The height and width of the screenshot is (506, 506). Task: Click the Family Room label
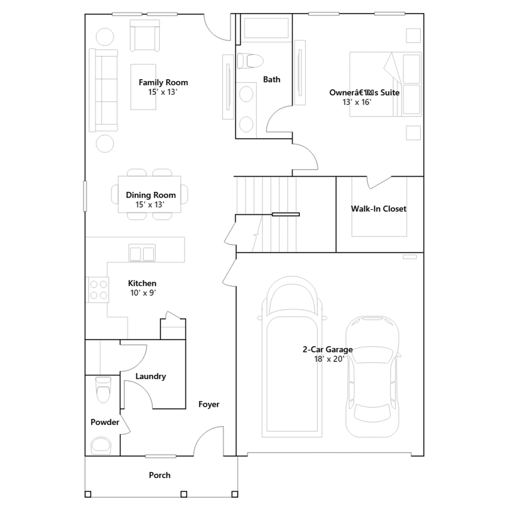pyautogui.click(x=163, y=83)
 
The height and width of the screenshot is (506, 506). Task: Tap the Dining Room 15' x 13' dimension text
pyautogui.click(x=150, y=205)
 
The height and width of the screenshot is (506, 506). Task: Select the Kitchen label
pyautogui.click(x=142, y=283)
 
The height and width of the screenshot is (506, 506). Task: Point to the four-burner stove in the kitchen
pyautogui.click(x=98, y=290)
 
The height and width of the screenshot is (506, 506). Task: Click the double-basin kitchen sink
pyautogui.click(x=142, y=253)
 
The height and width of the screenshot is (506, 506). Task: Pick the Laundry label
pyautogui.click(x=151, y=376)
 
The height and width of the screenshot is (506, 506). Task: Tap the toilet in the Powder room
pyautogui.click(x=103, y=390)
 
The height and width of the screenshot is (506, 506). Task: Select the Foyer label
pyautogui.click(x=209, y=404)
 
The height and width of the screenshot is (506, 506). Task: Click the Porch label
pyautogui.click(x=160, y=475)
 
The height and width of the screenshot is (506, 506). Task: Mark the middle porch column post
pyautogui.click(x=184, y=494)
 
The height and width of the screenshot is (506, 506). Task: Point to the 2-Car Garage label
pyautogui.click(x=328, y=349)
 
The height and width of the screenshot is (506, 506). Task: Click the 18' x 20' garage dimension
pyautogui.click(x=329, y=359)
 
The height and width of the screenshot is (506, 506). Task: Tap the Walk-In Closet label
pyautogui.click(x=379, y=209)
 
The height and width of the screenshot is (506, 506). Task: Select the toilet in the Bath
pyautogui.click(x=250, y=61)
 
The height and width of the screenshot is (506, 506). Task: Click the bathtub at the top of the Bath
pyautogui.click(x=266, y=28)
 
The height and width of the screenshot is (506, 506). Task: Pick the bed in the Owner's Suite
pyautogui.click(x=385, y=84)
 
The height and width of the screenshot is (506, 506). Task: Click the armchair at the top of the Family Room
pyautogui.click(x=145, y=35)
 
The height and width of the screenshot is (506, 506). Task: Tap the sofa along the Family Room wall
pyautogui.click(x=103, y=90)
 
